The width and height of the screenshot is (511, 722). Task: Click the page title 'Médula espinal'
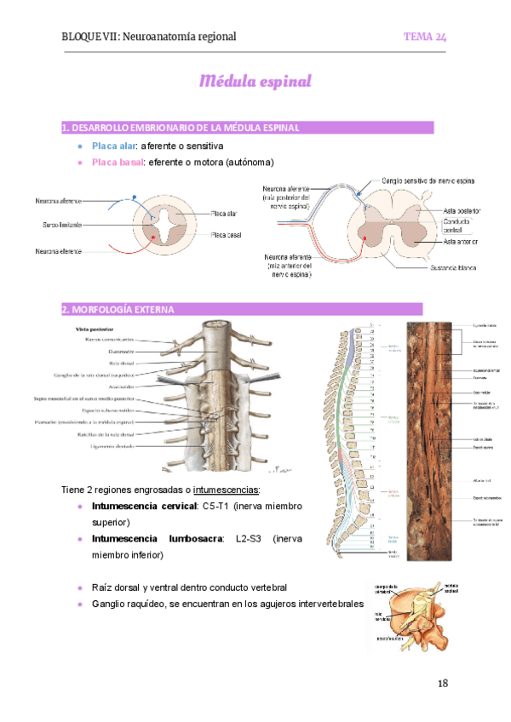tap(255, 82)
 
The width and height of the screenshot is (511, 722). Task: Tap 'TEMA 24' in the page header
tap(425, 37)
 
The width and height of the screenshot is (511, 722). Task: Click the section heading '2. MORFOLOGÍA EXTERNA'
tap(118, 309)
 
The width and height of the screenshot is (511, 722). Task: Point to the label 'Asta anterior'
tap(461, 242)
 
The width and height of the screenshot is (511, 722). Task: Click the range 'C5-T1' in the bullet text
tap(217, 506)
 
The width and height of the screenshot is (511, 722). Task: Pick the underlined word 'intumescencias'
tap(227, 490)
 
